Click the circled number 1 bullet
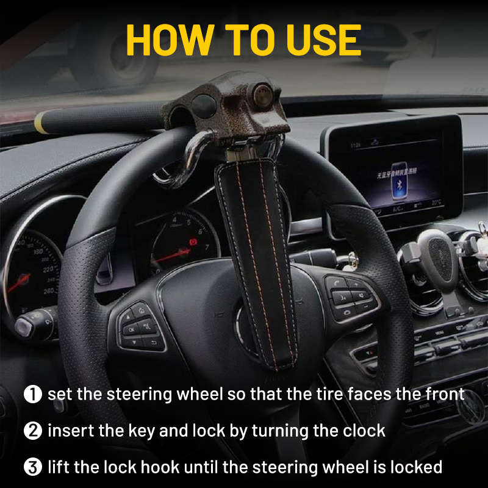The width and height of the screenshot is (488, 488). [33, 394]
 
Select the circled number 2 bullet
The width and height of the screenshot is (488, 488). [33, 431]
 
